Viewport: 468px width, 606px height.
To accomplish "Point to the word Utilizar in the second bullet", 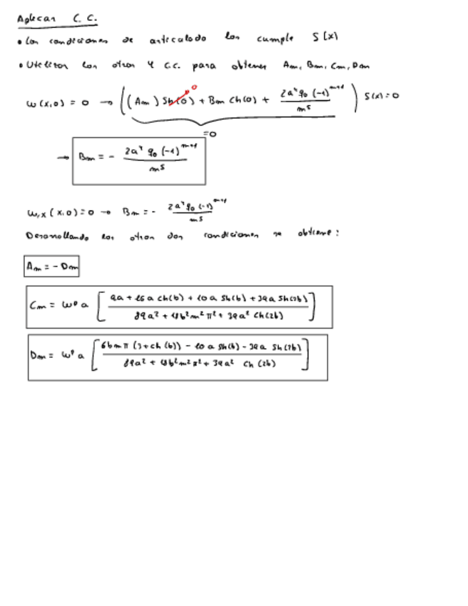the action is click(x=46, y=66).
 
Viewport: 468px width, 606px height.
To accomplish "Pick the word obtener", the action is click(x=249, y=66).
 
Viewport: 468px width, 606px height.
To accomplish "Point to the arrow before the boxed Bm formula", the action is click(x=63, y=158).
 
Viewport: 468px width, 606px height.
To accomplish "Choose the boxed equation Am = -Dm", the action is click(x=51, y=267).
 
